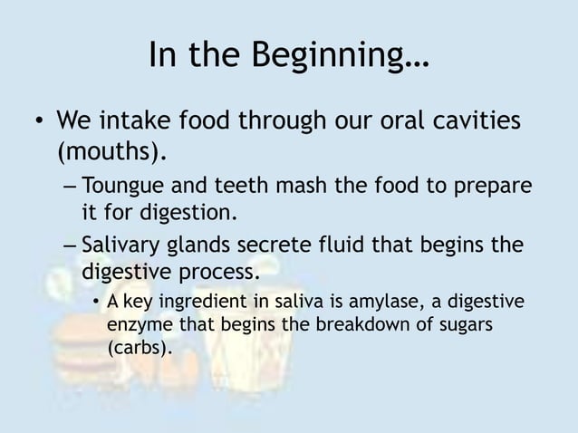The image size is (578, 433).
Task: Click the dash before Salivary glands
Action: tap(70, 246)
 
